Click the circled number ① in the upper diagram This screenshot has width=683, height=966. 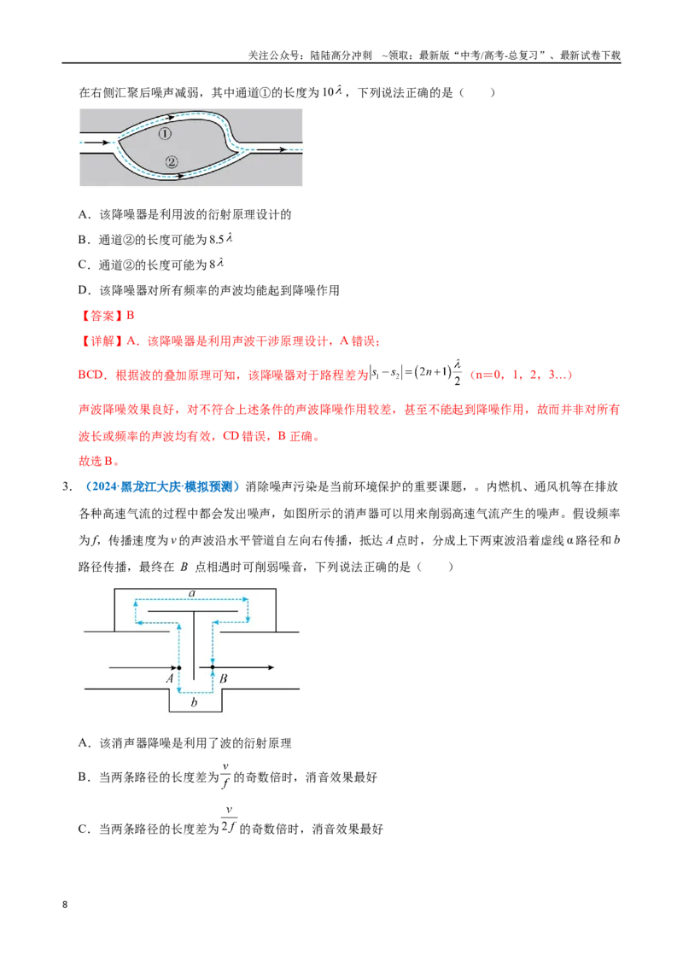coord(165,134)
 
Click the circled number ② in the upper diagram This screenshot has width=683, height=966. coord(172,162)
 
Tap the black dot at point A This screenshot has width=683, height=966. coord(179,667)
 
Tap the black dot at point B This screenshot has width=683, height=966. coord(212,667)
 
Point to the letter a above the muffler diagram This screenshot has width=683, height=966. coord(192,593)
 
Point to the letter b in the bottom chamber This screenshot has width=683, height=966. coord(194,701)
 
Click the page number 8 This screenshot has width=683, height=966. coord(65,905)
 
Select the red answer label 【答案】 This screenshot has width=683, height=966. coord(102,316)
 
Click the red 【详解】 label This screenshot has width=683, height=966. coord(102,340)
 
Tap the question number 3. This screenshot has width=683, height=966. coord(67,486)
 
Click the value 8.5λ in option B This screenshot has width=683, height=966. coord(220,239)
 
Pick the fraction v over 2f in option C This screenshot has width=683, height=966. coord(229,819)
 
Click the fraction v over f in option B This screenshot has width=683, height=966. coord(225,776)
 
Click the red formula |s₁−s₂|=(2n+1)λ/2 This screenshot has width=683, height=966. coord(416,372)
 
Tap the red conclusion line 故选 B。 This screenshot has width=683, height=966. coord(99,461)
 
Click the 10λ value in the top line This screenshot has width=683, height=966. coord(331,92)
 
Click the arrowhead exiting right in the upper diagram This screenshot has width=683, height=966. coord(281,149)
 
